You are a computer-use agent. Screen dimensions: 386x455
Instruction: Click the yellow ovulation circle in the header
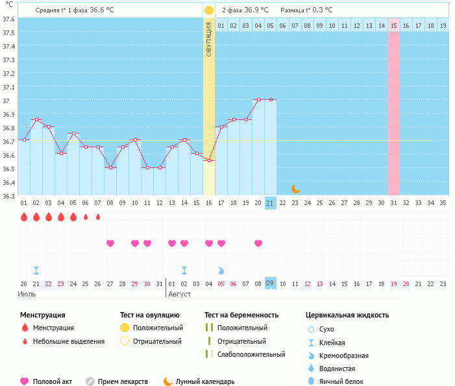209,10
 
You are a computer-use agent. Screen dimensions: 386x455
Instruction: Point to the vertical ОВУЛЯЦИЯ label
209,38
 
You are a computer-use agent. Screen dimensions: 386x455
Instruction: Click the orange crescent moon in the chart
296,189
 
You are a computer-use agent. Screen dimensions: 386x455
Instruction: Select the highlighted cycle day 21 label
271,203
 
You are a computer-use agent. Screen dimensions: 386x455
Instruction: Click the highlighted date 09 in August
271,283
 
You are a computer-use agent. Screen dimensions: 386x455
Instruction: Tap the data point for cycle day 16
209,160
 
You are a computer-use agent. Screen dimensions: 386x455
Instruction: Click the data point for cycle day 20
258,99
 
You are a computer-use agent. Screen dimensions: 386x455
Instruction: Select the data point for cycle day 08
110,167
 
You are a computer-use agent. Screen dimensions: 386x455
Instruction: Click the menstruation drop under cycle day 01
24,217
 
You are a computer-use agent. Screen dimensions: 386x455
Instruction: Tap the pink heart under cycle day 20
258,243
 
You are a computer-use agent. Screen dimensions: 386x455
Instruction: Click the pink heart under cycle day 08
110,243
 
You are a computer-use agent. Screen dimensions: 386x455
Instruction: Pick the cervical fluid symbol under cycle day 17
221,270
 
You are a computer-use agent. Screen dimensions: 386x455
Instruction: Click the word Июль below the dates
27,294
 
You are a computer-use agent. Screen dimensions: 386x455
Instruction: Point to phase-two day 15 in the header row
394,26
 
